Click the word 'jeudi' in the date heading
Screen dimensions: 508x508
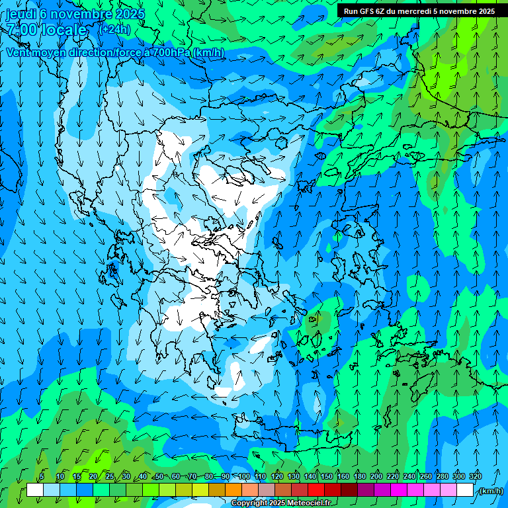coord(21,14)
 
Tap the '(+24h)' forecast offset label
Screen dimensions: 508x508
coord(114,30)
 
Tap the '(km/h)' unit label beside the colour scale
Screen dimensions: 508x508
coord(490,491)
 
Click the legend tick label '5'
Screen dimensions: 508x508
coord(42,476)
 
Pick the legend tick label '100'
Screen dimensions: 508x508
coord(243,476)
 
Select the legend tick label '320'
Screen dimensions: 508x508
coord(475,476)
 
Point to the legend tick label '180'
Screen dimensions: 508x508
coord(359,476)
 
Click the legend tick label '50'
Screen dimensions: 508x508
coord(159,476)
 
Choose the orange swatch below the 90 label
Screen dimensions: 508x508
coord(233,490)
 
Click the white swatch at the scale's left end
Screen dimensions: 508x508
coord(36,490)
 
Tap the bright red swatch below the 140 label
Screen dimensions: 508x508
coord(316,490)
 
